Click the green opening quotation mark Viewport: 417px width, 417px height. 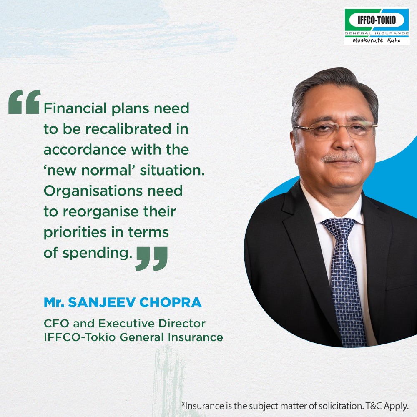click(x=24, y=102)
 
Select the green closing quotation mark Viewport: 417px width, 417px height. click(x=152, y=259)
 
